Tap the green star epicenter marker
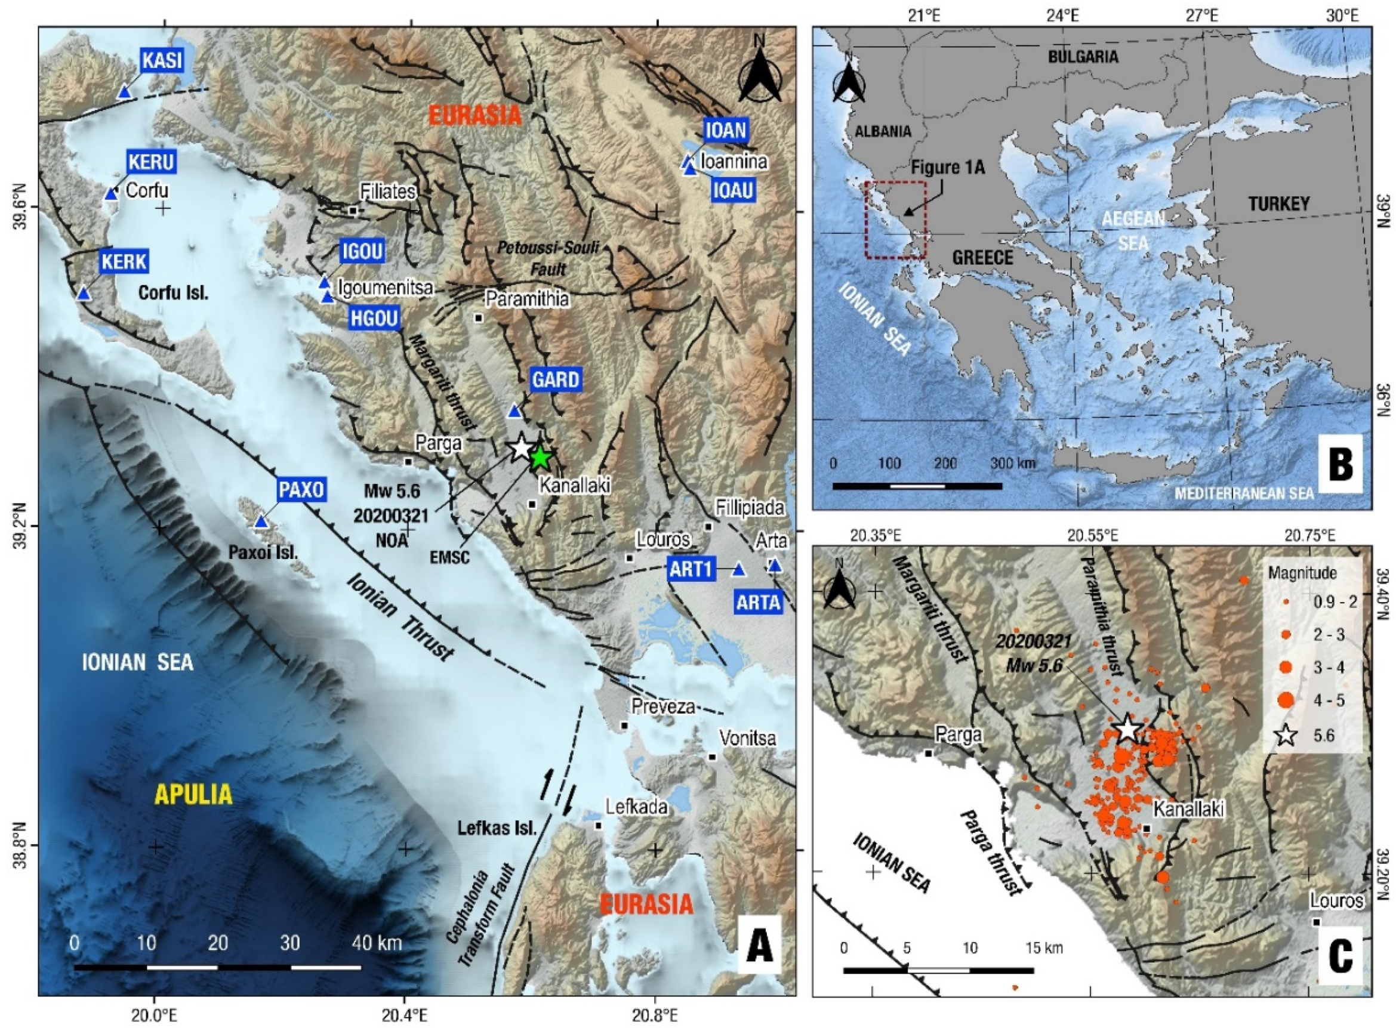540,458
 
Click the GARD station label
555,379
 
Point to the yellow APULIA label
193,794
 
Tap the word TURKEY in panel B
1278,203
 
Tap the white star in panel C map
1127,727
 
